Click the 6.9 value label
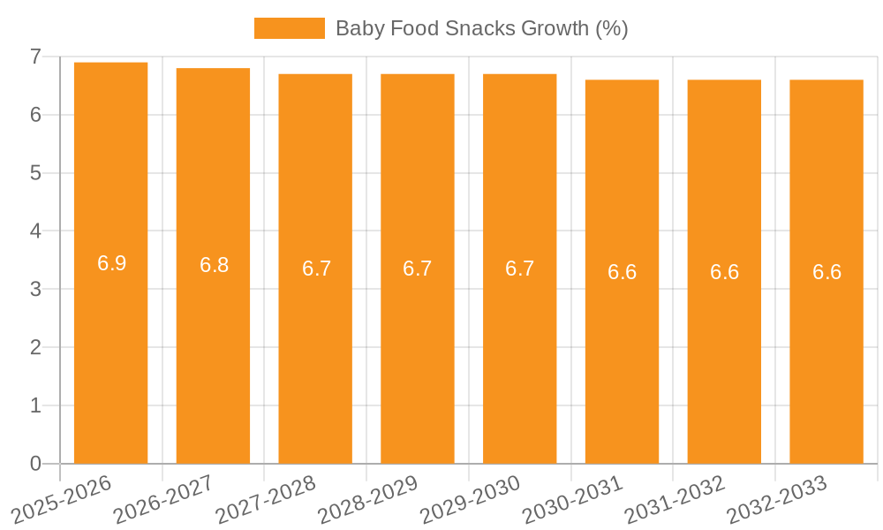[111, 263]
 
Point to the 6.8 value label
[214, 265]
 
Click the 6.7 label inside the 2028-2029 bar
[418, 269]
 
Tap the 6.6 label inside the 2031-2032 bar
[724, 272]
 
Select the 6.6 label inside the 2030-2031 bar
[622, 272]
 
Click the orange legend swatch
[289, 28]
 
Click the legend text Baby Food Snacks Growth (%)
[481, 28]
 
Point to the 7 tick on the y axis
[35, 57]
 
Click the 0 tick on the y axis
[35, 464]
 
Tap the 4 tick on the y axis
[35, 231]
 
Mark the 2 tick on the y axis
[35, 347]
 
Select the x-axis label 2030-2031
[573, 499]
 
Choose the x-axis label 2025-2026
[62, 499]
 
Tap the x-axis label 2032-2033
[777, 499]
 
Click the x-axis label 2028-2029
[368, 499]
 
